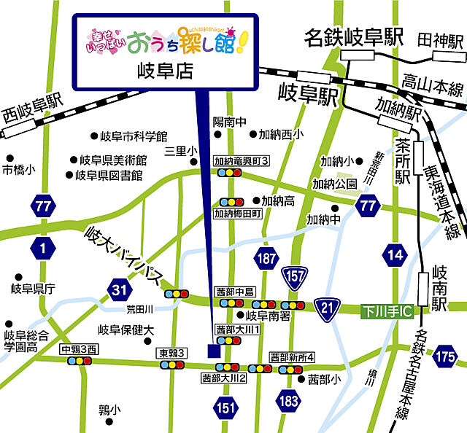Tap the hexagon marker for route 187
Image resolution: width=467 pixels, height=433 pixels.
point(266,257)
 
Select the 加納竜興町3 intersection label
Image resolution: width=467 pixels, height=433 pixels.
point(242,160)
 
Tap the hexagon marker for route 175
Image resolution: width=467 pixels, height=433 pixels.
point(445,357)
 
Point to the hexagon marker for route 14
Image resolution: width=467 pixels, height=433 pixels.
point(395,254)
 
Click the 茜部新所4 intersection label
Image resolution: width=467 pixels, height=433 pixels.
point(292,357)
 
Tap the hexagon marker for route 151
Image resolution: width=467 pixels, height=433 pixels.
point(226,407)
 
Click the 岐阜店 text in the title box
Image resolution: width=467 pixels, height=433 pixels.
point(164,70)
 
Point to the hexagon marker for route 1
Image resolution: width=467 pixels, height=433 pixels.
point(44,249)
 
